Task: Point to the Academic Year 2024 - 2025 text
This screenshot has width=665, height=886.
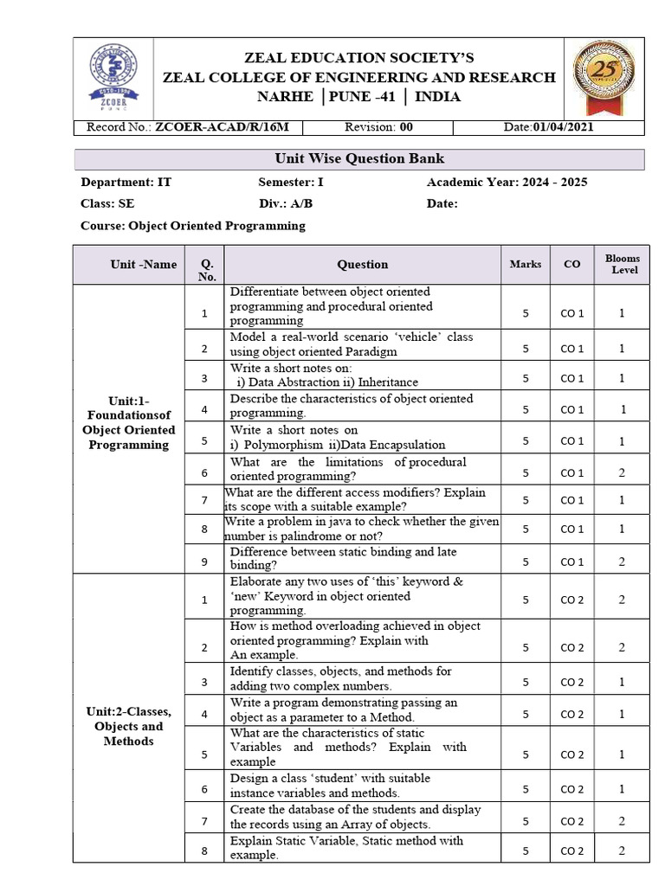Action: coord(507,183)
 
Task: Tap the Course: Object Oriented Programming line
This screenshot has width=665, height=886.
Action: coord(193,226)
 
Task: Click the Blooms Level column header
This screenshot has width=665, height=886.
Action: coord(622,264)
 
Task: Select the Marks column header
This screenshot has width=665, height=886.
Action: coord(526,264)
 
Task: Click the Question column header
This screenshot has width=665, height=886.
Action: coord(362,265)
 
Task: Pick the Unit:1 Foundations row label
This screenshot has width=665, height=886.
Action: coord(128,422)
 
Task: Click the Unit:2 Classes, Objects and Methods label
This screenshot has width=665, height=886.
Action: coord(128,726)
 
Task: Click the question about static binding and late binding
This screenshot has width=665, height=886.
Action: coord(343,558)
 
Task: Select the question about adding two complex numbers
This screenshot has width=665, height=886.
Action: coord(340,678)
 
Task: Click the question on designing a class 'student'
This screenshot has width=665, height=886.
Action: coord(329,785)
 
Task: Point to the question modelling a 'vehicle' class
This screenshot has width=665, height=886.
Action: coord(351,344)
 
